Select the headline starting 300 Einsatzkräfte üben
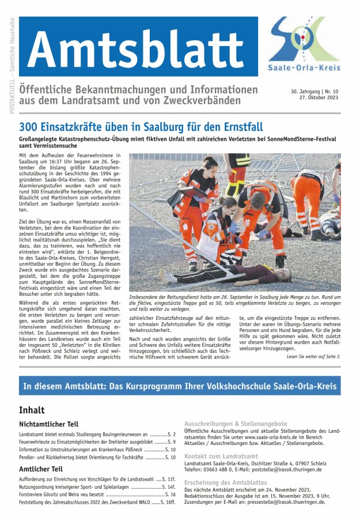coord(141,126)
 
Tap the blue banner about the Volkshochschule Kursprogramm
coord(179,386)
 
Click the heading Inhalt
coord(32,410)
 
